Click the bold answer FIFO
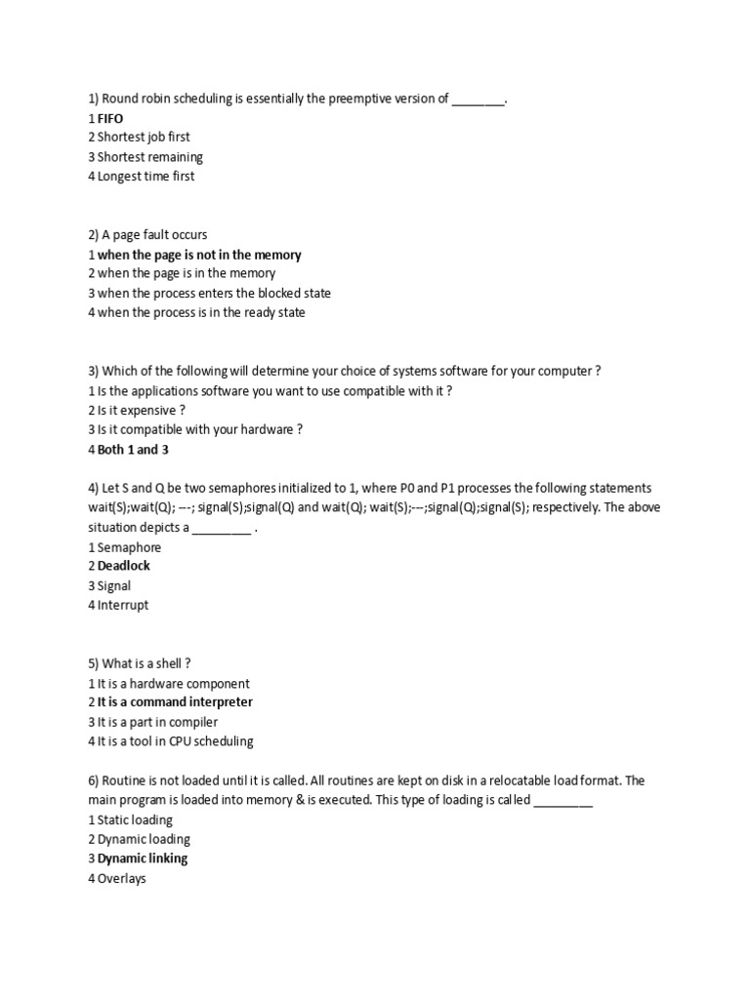[110, 118]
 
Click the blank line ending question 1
[479, 100]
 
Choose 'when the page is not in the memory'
[199, 255]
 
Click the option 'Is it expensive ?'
[142, 411]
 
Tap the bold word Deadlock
[124, 566]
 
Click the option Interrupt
[123, 605]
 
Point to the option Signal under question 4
[114, 585]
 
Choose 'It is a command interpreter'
[175, 702]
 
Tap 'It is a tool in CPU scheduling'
[175, 741]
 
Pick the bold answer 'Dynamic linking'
[143, 859]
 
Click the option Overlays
[121, 878]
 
